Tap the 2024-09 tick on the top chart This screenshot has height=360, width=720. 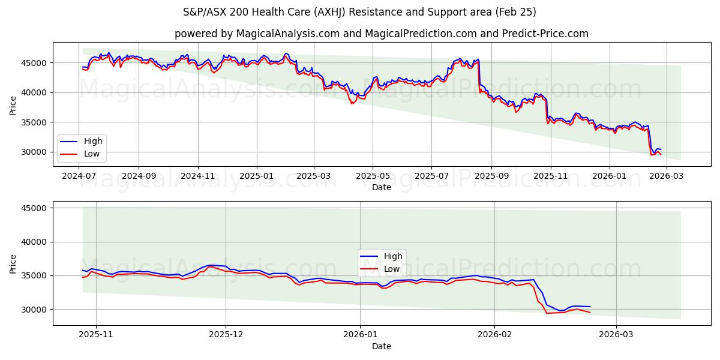coord(139,177)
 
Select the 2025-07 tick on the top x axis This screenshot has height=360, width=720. coord(431,177)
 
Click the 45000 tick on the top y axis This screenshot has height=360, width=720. coord(34,63)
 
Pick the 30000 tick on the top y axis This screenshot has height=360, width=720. coord(34,152)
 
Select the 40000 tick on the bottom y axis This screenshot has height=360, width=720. coord(34,242)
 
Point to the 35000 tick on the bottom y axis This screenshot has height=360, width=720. coord(34,276)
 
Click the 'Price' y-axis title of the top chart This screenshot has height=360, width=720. coord(13,106)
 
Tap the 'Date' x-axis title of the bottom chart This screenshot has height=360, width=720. coord(382,346)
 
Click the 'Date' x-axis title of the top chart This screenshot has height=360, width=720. coord(382,187)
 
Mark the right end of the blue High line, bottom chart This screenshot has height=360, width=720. coord(590,307)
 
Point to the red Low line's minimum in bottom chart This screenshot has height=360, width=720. coord(547,313)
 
